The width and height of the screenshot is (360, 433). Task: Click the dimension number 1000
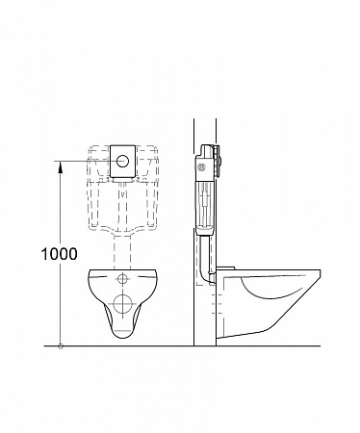tap(60, 254)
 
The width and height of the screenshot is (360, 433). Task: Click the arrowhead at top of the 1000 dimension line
tap(60, 166)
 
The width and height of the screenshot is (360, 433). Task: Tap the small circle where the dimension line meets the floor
tap(60, 346)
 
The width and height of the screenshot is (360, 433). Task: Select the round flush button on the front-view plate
tap(122, 161)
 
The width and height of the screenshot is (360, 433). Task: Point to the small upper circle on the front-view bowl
tap(122, 279)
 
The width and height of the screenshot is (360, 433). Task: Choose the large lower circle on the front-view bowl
tap(122, 303)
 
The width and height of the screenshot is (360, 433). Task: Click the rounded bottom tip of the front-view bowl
tap(122, 337)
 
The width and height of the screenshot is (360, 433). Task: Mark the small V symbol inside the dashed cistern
tap(122, 194)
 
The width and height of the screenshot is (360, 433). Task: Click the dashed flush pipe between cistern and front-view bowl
tap(122, 252)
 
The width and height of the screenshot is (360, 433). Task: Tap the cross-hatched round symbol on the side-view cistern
tap(202, 166)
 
